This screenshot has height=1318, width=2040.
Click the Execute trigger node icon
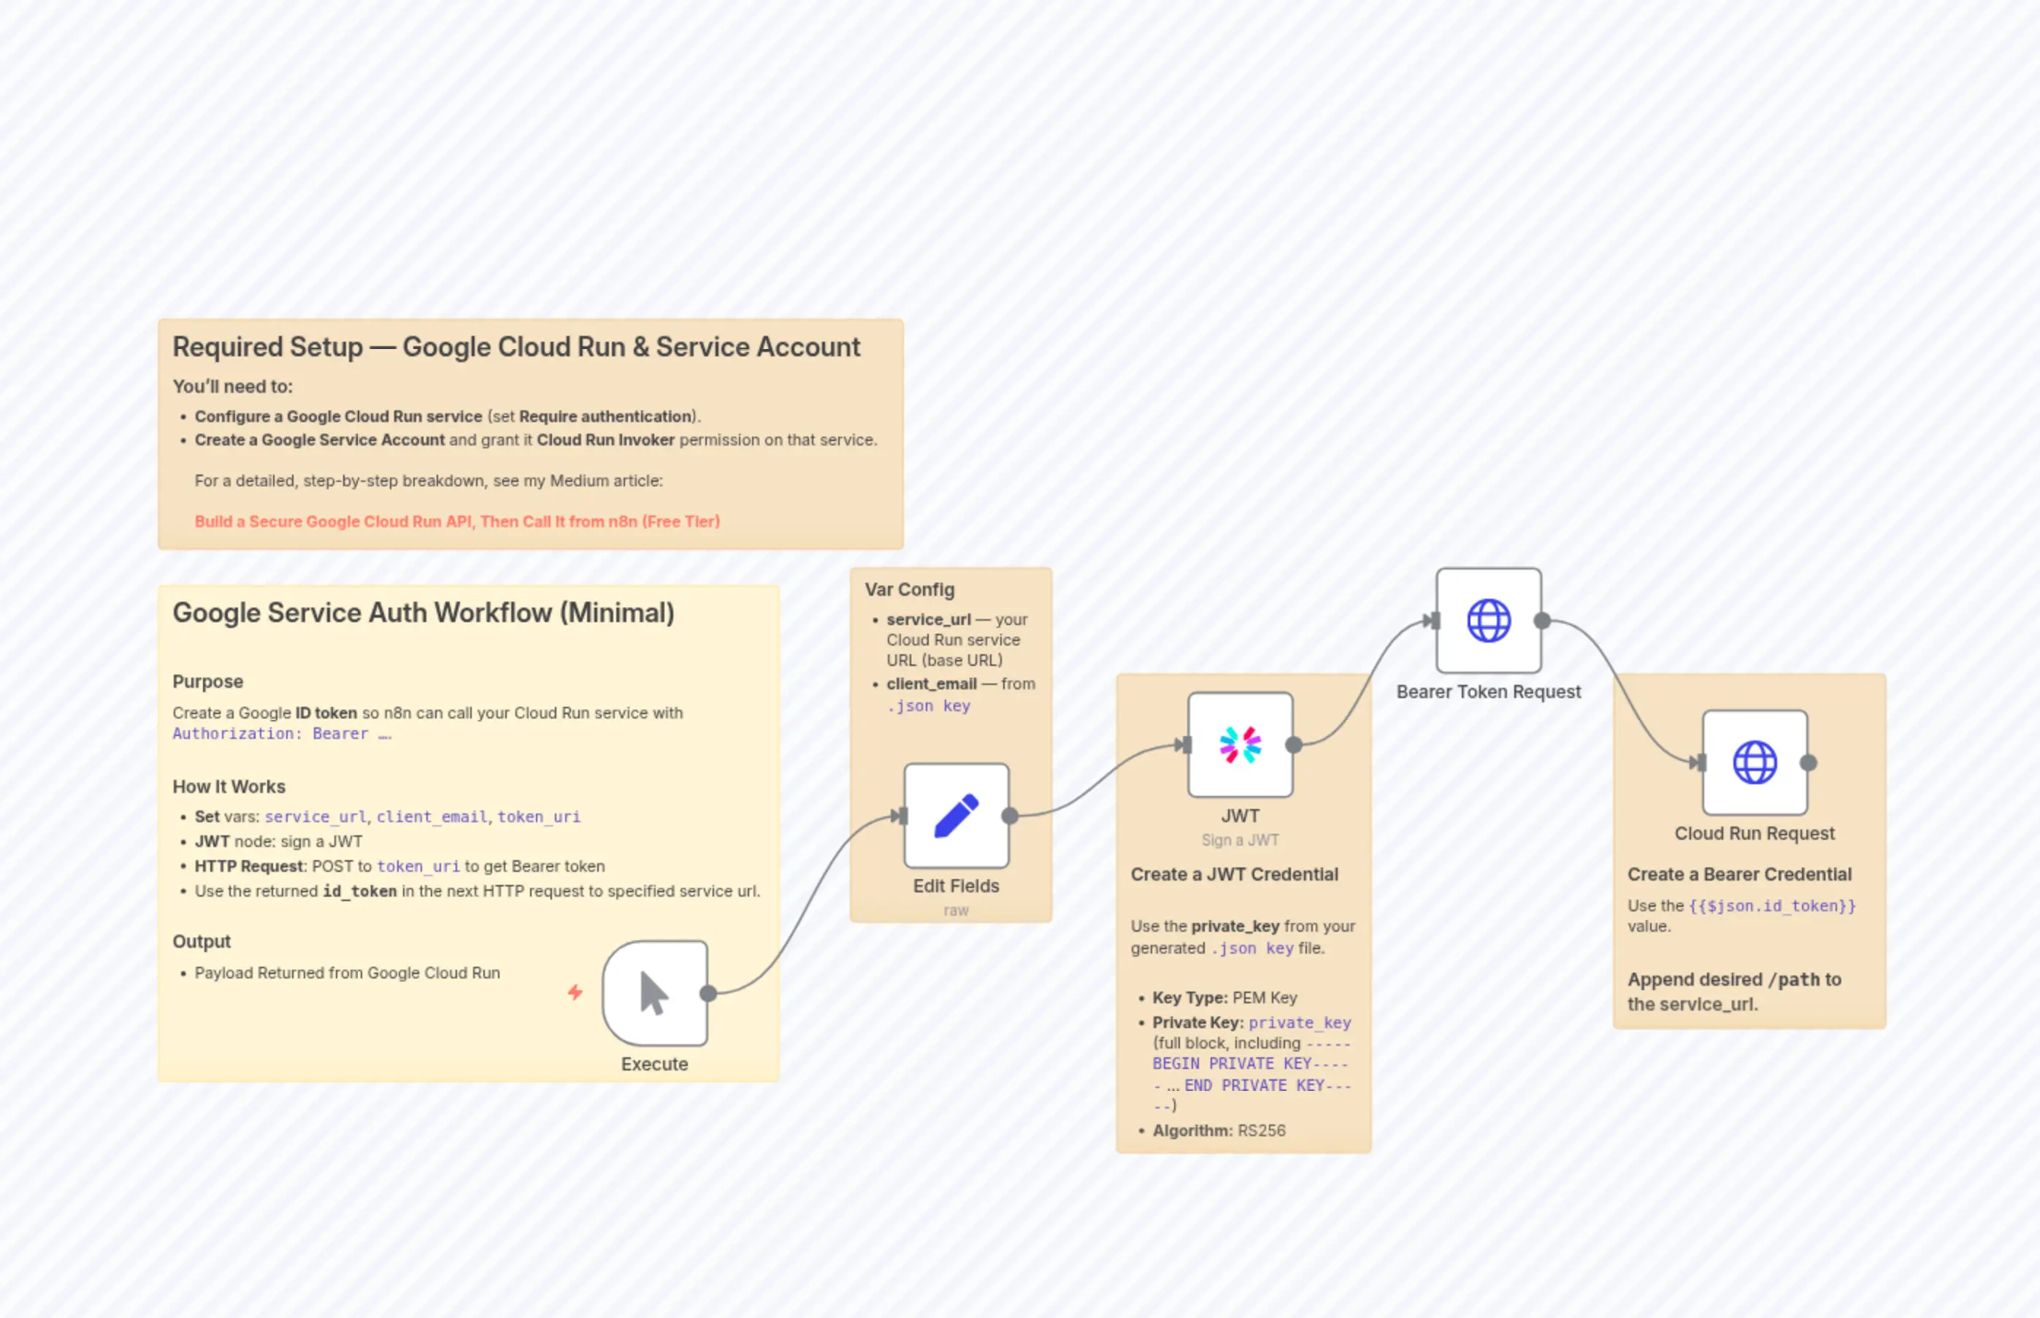coord(655,994)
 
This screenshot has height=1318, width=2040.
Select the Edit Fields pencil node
coord(956,816)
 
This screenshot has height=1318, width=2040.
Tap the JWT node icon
coord(1240,745)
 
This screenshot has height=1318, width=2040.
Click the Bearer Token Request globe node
coord(1488,621)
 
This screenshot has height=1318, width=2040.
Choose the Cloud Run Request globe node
coord(1755,762)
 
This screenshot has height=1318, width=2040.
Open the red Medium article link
coord(457,521)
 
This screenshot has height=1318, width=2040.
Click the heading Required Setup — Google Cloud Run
coord(516,347)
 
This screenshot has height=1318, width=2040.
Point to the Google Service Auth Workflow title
coord(423,613)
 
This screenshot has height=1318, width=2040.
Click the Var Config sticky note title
coord(909,590)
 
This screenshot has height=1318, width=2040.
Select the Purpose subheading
coord(208,681)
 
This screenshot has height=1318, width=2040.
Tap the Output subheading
coord(202,941)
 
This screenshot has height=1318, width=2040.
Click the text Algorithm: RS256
coord(1219,1130)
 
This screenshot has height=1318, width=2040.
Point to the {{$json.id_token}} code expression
coord(1772,905)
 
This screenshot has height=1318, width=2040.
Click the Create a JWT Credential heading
coord(1234,874)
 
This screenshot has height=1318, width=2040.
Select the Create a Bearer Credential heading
coord(1738,874)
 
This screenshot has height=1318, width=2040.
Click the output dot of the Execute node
coord(708,994)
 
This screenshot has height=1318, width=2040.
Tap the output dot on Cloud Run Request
coord(1808,762)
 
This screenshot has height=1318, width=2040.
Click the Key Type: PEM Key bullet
coord(1224,997)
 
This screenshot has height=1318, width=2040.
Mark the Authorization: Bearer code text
coord(282,733)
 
